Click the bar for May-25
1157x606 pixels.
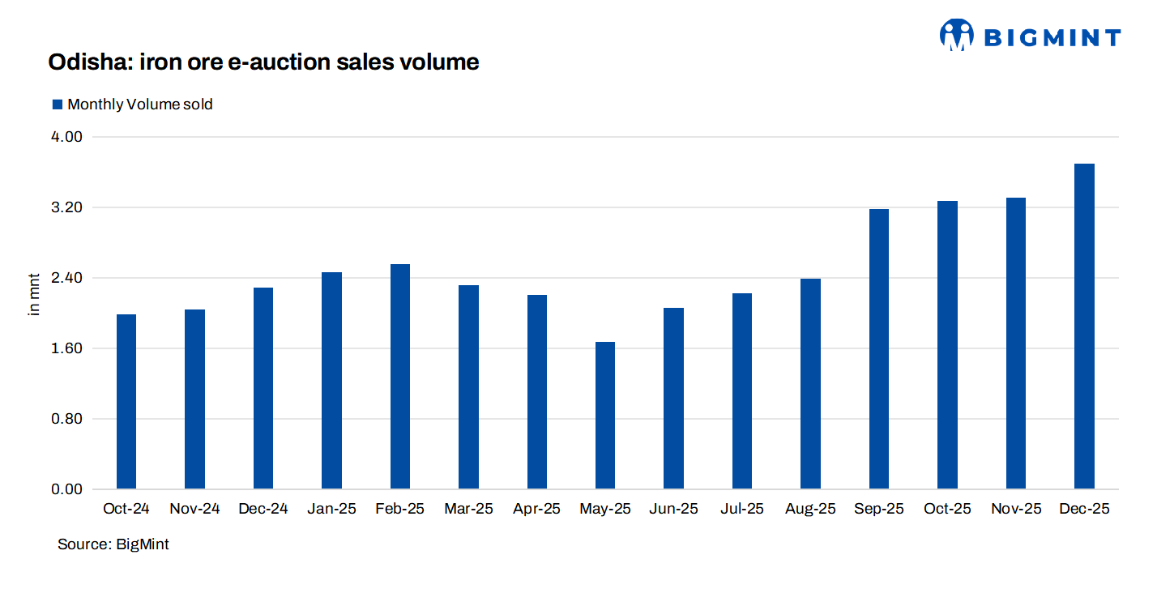605,416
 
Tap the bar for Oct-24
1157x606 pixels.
126,402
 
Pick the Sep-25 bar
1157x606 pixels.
879,349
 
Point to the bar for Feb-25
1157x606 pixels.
400,377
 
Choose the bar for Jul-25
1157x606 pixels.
742,391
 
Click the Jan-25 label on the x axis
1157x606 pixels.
331,510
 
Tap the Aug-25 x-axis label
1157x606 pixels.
810,510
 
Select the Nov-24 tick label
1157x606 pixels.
194,510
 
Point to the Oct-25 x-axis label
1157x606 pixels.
947,510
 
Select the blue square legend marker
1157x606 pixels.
58,105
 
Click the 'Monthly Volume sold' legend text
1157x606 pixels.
140,105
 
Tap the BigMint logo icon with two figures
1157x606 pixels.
956,35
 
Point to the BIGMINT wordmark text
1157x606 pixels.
1052,37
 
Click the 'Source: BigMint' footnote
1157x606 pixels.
113,544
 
